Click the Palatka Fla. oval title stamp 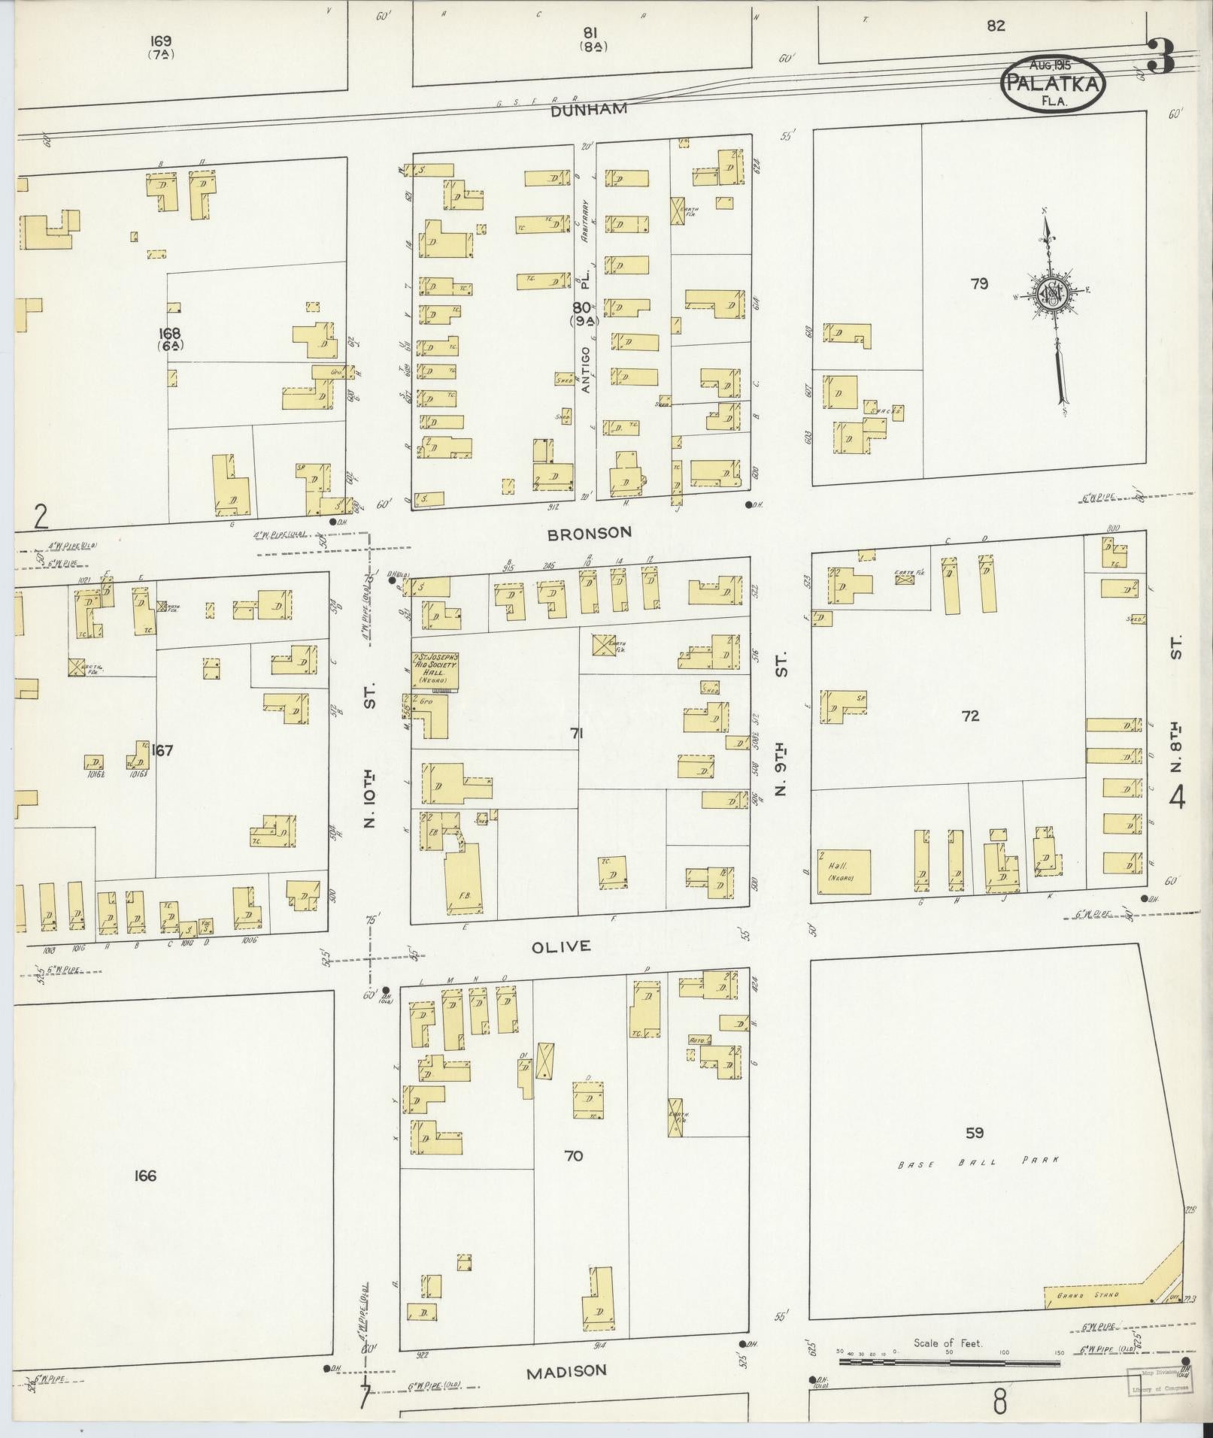(x=1053, y=82)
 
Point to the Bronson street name (x=589, y=533)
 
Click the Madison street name (x=566, y=1371)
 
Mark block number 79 (x=978, y=283)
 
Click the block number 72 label (x=970, y=716)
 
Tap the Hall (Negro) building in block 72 (x=845, y=871)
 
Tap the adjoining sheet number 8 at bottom (x=999, y=1403)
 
